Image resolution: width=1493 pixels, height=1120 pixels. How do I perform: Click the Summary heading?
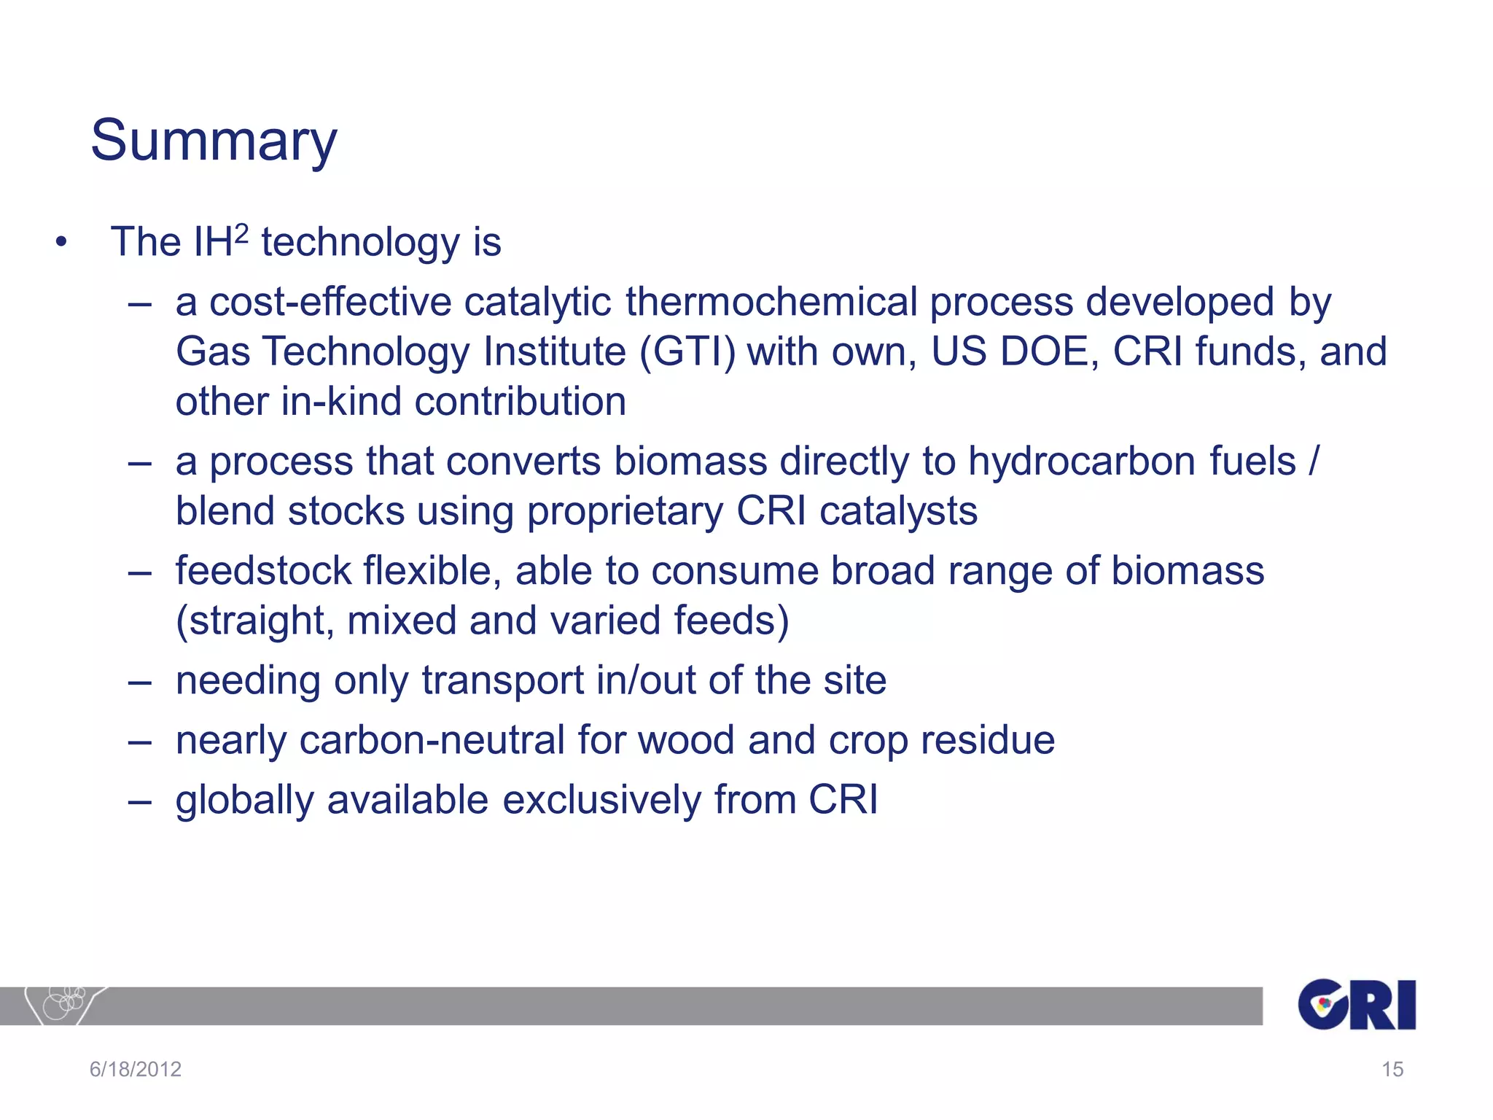(x=214, y=140)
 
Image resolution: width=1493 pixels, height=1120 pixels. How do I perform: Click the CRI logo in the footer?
(x=1357, y=1004)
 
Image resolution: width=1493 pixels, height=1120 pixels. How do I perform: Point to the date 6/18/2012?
(x=136, y=1069)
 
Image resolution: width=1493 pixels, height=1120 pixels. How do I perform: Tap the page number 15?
(x=1392, y=1069)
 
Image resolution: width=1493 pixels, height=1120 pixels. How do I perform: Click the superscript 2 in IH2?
(x=242, y=233)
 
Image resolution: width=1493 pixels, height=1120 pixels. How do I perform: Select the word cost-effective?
(x=330, y=302)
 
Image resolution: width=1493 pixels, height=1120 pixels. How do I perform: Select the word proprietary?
(x=625, y=511)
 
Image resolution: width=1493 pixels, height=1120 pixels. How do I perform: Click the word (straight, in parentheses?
(x=254, y=621)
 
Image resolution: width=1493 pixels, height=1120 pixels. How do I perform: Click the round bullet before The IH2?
(x=61, y=243)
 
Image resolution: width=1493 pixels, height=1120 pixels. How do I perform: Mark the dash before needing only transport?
(x=139, y=682)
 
